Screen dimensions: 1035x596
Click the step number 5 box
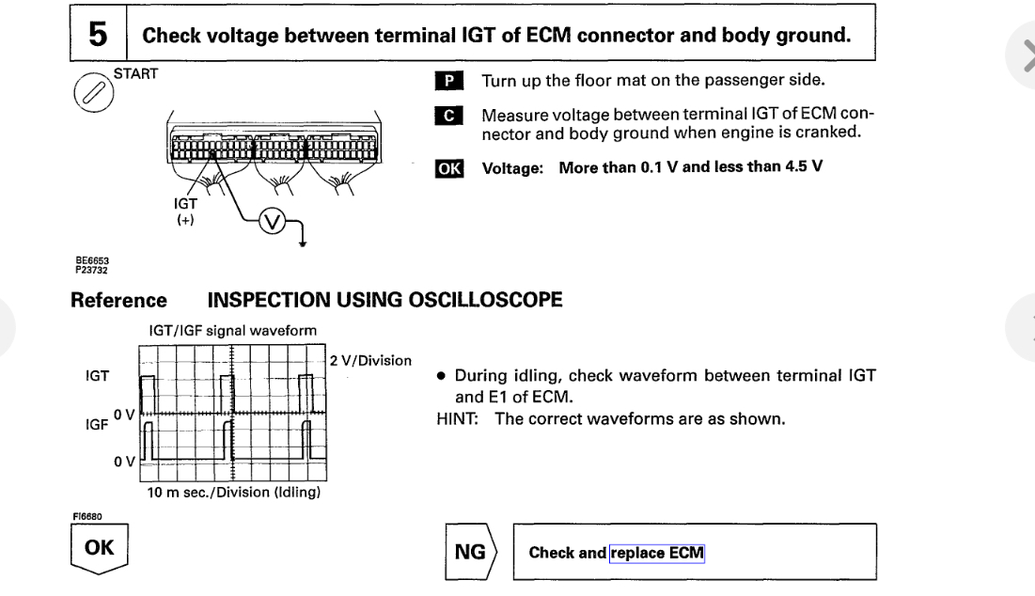point(98,36)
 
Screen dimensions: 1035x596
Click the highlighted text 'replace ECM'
point(657,553)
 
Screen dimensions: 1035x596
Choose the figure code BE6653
point(86,264)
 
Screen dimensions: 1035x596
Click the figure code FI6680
point(86,514)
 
